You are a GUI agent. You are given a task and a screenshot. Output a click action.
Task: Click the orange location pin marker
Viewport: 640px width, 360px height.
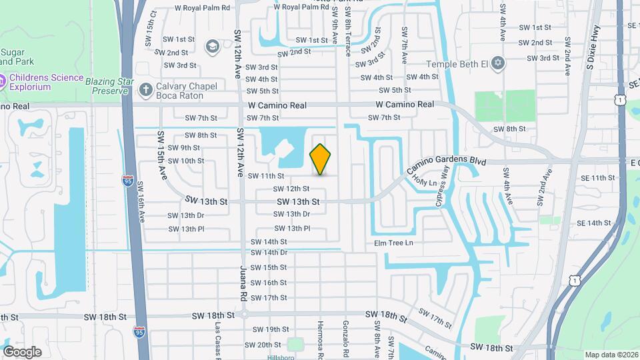tap(321, 159)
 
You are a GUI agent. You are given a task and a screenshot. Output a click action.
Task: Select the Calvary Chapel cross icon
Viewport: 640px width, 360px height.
tap(145, 89)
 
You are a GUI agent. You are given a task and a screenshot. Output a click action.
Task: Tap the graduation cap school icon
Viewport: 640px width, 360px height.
tap(212, 46)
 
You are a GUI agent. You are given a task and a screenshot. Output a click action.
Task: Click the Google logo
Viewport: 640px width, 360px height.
tap(22, 351)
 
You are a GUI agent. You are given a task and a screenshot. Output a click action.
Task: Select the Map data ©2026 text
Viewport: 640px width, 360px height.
tap(611, 355)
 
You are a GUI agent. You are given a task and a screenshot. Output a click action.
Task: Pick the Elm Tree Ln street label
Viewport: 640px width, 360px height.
tap(393, 243)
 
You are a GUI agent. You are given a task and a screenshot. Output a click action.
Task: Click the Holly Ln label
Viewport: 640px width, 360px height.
tap(425, 181)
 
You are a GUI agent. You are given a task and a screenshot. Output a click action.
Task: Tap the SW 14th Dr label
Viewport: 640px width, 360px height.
tap(269, 253)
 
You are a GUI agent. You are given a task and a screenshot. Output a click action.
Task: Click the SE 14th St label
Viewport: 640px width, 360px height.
tap(593, 223)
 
